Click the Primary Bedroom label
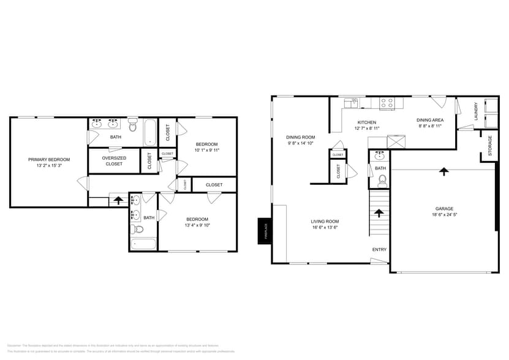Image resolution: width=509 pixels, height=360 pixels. (x=49, y=159)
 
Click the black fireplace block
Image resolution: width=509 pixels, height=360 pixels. (x=265, y=231)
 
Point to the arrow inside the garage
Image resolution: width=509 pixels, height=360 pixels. (x=443, y=171)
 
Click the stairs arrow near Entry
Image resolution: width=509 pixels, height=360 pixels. (x=379, y=213)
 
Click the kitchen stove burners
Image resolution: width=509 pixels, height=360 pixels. (x=387, y=103)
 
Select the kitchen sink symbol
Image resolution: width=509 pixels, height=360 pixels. (x=353, y=102)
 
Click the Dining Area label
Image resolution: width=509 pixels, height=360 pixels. (x=430, y=120)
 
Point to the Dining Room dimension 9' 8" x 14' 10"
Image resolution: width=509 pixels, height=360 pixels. (x=300, y=143)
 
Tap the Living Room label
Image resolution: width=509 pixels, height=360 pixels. (x=325, y=222)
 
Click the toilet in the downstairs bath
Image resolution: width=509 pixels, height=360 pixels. (x=382, y=180)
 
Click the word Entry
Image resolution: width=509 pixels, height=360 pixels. (x=380, y=249)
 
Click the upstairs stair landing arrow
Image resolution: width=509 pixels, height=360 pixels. (x=118, y=200)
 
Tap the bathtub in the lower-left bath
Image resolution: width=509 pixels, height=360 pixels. (x=143, y=244)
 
